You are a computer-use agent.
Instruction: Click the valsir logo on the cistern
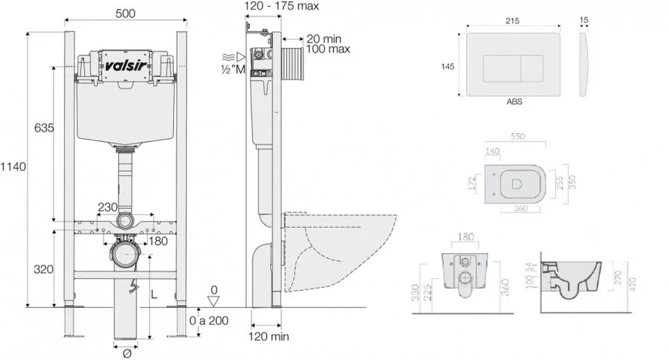pos(123,64)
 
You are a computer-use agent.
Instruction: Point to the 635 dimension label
pos(44,128)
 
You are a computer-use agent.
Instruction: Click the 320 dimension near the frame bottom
pos(43,269)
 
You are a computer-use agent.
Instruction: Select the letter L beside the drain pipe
pos(154,295)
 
